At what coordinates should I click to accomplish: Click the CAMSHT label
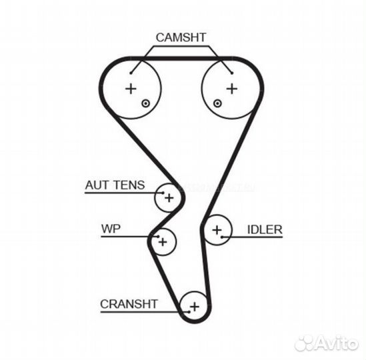[x=181, y=37]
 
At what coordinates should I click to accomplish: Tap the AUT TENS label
[x=115, y=185]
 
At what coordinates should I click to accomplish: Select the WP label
[x=111, y=229]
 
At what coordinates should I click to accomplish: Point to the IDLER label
[x=265, y=229]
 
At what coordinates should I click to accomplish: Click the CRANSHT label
[x=129, y=304]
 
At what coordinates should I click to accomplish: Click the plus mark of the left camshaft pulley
[x=131, y=89]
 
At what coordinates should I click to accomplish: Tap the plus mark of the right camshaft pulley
[x=232, y=89]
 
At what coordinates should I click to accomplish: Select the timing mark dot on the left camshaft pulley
[x=145, y=103]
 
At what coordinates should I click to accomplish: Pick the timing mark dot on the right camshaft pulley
[x=217, y=103]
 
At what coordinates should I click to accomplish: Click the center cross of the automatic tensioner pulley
[x=169, y=198]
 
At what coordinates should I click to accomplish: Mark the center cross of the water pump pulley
[x=163, y=242]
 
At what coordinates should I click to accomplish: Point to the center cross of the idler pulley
[x=217, y=230]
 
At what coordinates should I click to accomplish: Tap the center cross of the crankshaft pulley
[x=195, y=307]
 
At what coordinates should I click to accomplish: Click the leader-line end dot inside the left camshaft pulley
[x=131, y=73]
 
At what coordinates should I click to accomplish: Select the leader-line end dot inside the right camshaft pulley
[x=232, y=73]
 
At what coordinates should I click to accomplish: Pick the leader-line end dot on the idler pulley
[x=222, y=237]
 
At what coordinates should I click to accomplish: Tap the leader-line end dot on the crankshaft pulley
[x=189, y=312]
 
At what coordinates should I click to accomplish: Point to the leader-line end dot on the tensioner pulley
[x=163, y=193]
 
